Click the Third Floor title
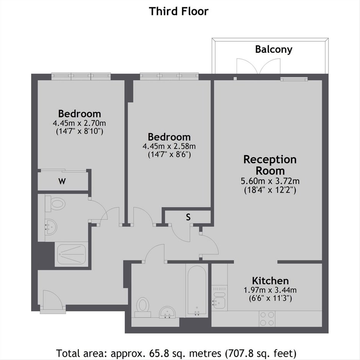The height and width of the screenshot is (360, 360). pyautogui.click(x=178, y=11)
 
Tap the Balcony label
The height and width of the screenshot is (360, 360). pyautogui.click(x=274, y=49)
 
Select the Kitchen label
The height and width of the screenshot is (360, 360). pyautogui.click(x=270, y=281)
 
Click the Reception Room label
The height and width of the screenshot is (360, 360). pyautogui.click(x=270, y=165)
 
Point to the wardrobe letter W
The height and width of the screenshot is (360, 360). pyautogui.click(x=62, y=182)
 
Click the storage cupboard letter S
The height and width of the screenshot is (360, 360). pyautogui.click(x=188, y=217)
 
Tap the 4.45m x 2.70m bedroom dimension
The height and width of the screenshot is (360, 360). pyautogui.click(x=79, y=123)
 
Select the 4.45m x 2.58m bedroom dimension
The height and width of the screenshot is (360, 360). pyautogui.click(x=169, y=146)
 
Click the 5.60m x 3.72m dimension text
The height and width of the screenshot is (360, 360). pyautogui.click(x=270, y=181)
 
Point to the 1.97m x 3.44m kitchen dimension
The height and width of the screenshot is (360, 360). pyautogui.click(x=270, y=290)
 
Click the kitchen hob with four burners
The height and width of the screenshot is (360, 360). pyautogui.click(x=267, y=319)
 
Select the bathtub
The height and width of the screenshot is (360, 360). pyautogui.click(x=197, y=290)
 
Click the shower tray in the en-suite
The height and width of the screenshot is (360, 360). pyautogui.click(x=71, y=254)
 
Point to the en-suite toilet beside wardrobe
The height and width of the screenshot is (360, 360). pyautogui.click(x=55, y=204)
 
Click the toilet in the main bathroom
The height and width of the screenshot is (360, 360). pyautogui.click(x=143, y=308)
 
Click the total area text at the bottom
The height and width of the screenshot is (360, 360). pyautogui.click(x=176, y=353)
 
